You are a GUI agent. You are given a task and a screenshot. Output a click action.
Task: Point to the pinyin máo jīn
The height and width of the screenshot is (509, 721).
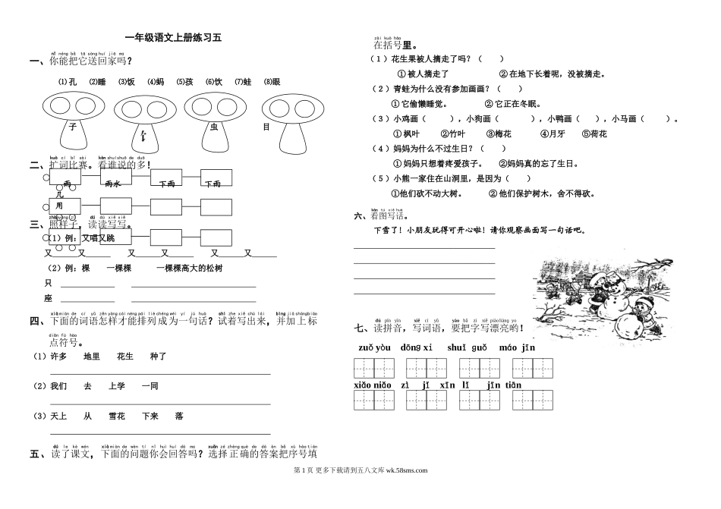tap(518, 348)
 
